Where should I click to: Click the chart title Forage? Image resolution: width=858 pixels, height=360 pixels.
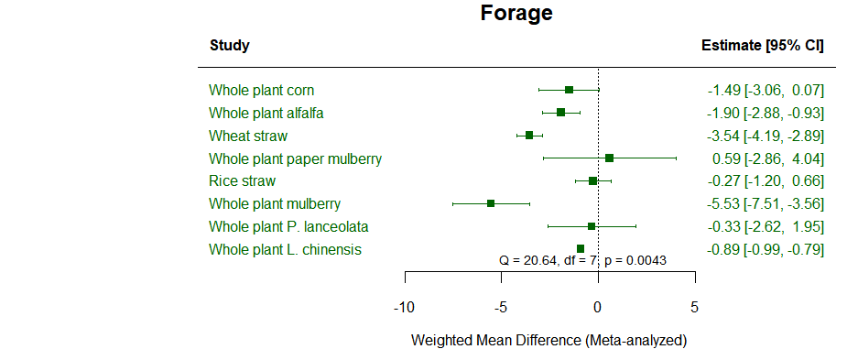516,14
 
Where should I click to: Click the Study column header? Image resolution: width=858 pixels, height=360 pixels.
229,45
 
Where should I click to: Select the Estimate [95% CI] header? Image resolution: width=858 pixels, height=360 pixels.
762,45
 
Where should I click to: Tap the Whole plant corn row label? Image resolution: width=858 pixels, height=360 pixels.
261,90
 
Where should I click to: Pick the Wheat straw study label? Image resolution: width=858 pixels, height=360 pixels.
247,136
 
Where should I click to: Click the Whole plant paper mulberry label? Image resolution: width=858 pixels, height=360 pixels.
295,158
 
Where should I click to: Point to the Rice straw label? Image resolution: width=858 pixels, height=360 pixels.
242,180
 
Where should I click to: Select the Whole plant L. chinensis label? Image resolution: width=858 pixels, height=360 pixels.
285,249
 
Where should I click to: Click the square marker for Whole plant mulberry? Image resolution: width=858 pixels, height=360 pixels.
491,203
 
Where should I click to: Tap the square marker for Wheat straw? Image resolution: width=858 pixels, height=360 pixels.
529,136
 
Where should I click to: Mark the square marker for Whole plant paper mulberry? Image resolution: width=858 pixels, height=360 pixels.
609,158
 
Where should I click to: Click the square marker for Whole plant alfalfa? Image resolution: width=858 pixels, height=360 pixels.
560,113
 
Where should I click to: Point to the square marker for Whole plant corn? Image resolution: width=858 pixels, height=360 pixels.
569,90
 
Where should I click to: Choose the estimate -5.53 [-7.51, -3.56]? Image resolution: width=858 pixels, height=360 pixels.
766,203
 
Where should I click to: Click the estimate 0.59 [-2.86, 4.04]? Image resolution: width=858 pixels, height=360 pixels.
768,158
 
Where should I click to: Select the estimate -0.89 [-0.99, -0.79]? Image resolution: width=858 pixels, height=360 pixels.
766,249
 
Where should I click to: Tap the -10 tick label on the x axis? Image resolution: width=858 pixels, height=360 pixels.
404,307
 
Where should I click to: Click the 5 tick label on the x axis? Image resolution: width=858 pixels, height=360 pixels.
694,307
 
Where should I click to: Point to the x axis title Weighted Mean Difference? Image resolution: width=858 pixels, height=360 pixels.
548,340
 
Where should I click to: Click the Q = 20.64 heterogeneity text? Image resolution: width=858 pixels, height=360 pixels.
582,260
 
